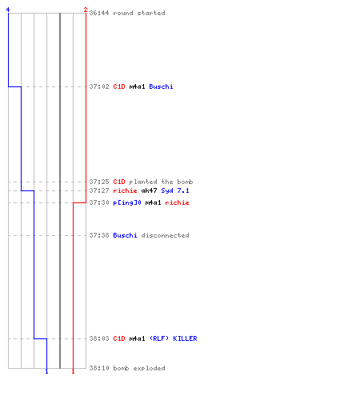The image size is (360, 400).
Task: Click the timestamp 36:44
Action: [99, 13]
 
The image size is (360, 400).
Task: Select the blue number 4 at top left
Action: [8, 10]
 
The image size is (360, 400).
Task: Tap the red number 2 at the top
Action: [86, 10]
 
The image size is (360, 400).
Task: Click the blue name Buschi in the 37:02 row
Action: [161, 86]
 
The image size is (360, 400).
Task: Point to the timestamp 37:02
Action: [99, 86]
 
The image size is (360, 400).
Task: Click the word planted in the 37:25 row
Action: [143, 182]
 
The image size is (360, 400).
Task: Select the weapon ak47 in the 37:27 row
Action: [149, 190]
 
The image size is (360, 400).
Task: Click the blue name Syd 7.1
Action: [175, 190]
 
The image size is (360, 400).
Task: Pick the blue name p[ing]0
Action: [127, 202]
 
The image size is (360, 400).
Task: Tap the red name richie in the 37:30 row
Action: [177, 202]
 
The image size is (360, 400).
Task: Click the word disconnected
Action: [165, 235]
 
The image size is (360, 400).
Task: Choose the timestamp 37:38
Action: [99, 235]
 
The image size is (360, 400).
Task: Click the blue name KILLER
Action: [185, 338]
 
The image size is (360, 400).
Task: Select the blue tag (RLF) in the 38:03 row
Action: [159, 338]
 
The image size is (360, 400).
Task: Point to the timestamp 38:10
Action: [99, 368]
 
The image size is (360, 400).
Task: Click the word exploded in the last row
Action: [149, 368]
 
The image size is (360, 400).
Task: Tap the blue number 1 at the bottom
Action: [46, 371]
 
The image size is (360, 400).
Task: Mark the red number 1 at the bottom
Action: [73, 371]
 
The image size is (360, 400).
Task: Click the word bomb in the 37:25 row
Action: [185, 182]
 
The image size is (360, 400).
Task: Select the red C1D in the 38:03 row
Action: [119, 338]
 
